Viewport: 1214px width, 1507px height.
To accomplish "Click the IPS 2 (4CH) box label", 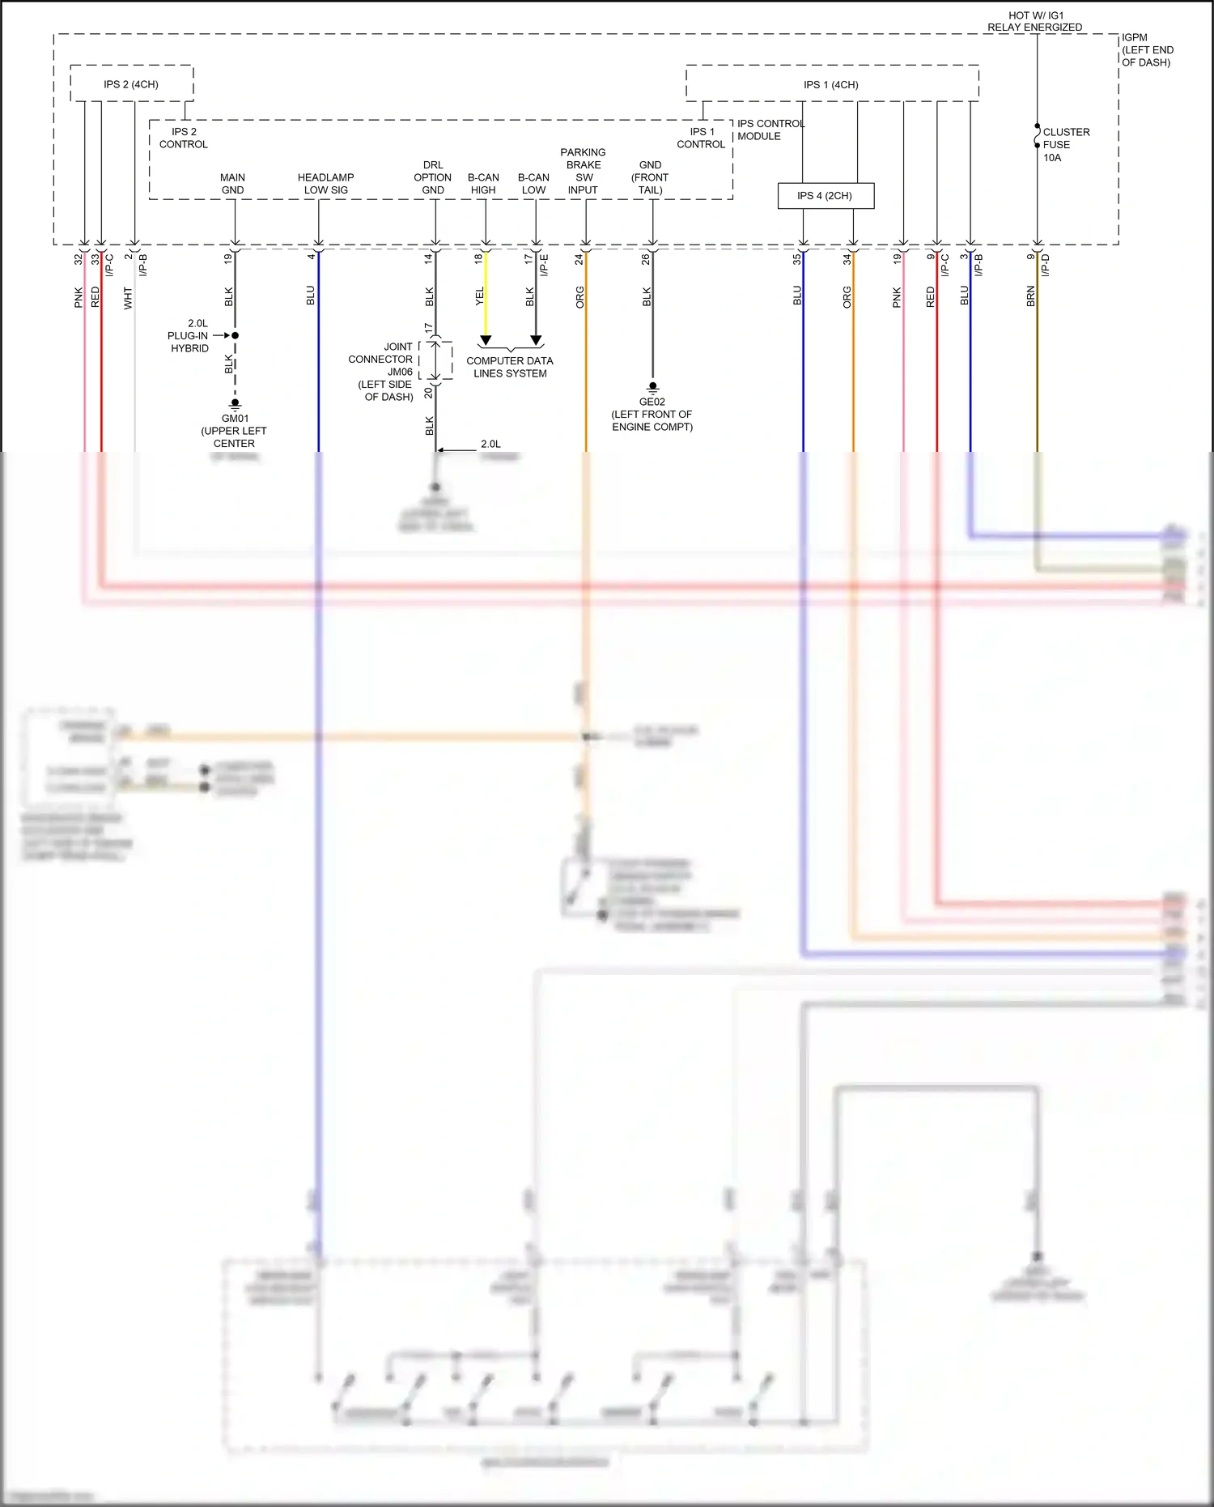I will tap(130, 84).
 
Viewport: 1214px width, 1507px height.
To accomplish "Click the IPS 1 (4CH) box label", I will tap(830, 84).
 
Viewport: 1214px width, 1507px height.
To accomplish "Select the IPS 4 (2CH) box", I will tap(825, 196).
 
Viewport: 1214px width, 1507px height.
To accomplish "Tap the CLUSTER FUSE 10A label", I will tap(1065, 144).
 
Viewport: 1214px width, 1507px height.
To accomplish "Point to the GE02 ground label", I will tap(652, 402).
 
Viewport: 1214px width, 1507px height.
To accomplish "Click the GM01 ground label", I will tap(235, 419).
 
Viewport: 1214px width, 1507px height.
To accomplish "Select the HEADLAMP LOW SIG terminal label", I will tap(325, 184).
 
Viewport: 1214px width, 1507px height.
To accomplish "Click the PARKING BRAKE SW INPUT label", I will tap(583, 171).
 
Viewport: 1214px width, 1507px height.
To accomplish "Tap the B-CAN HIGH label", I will tap(483, 184).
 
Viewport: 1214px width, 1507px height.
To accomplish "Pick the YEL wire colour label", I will tap(479, 296).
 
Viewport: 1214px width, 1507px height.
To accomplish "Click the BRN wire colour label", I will tap(1030, 296).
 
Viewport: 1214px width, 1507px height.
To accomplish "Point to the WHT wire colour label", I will tap(128, 298).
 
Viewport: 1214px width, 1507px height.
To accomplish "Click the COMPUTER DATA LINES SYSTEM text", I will tap(510, 367).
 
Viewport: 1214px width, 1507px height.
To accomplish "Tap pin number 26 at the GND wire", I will tap(645, 259).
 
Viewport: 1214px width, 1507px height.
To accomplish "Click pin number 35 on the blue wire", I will tap(796, 259).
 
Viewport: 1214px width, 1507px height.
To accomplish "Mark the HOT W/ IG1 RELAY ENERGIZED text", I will tap(1034, 21).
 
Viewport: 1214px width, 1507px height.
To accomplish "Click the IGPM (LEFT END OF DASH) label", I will tap(1147, 49).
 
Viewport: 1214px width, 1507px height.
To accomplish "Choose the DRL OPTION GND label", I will tap(433, 177).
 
